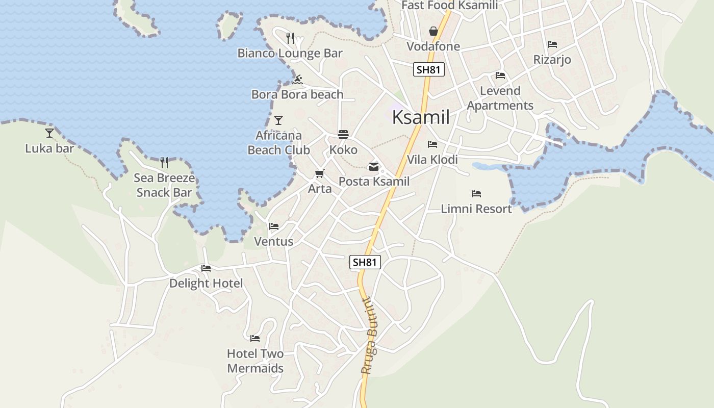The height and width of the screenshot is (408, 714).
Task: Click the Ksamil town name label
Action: pyautogui.click(x=421, y=118)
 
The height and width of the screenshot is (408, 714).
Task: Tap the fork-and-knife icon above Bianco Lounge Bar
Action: pyautogui.click(x=290, y=38)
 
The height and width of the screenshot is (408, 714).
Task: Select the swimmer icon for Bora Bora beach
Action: pyautogui.click(x=298, y=79)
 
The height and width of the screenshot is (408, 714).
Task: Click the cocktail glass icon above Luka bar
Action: pyautogui.click(x=49, y=133)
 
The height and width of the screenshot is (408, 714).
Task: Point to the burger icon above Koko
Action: pyautogui.click(x=343, y=135)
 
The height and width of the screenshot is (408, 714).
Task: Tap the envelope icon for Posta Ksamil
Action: pyautogui.click(x=374, y=166)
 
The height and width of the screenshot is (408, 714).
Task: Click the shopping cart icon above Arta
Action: pyautogui.click(x=320, y=174)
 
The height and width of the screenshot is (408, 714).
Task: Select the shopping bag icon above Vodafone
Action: pyautogui.click(x=433, y=31)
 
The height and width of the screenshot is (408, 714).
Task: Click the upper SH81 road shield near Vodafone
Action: pyautogui.click(x=428, y=69)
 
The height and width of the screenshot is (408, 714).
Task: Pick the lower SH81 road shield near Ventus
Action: pyautogui.click(x=365, y=262)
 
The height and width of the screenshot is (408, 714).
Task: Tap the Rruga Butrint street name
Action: pyautogui.click(x=369, y=337)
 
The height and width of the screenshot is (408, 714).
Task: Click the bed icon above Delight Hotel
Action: pyautogui.click(x=206, y=268)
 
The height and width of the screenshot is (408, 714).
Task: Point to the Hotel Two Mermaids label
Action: pyautogui.click(x=255, y=361)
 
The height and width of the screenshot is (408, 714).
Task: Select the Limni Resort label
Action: pyautogui.click(x=476, y=209)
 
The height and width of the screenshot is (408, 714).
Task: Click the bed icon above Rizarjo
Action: pyautogui.click(x=552, y=44)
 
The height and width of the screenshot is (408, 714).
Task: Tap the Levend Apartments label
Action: pyautogui.click(x=500, y=98)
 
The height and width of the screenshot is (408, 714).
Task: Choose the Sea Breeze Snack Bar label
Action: pyautogui.click(x=164, y=185)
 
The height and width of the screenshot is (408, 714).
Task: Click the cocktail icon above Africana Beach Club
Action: pyautogui.click(x=278, y=120)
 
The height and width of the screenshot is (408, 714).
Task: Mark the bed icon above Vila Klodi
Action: pyautogui.click(x=432, y=144)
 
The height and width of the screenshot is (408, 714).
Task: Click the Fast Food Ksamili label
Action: pyautogui.click(x=449, y=5)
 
